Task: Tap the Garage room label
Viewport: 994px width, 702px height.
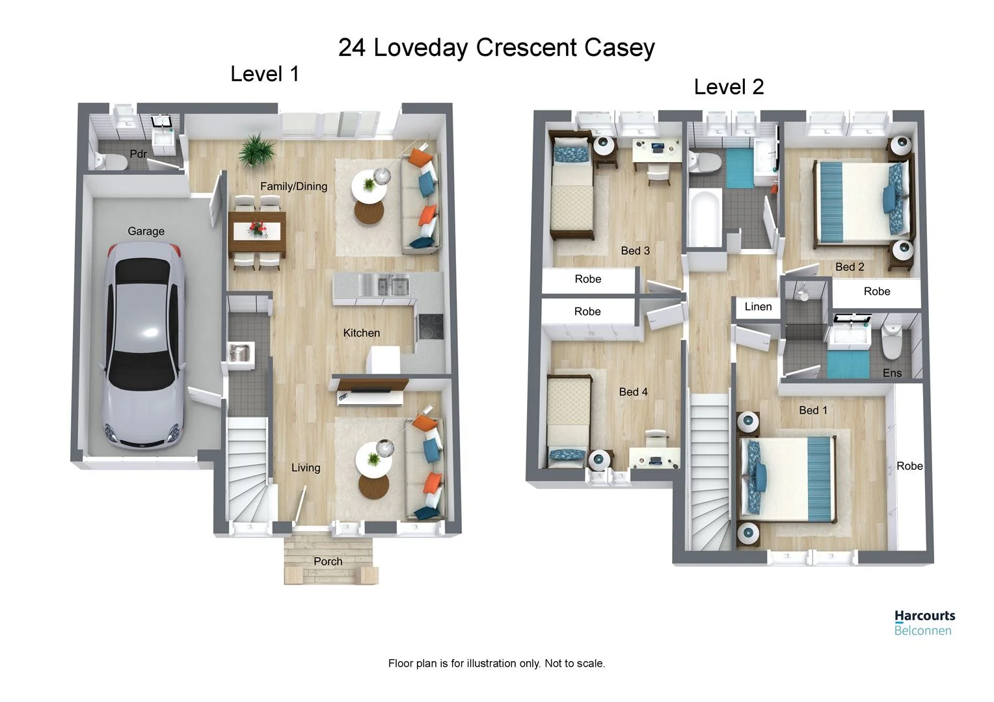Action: pyautogui.click(x=146, y=231)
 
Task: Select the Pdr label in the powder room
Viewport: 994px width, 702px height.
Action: pyautogui.click(x=138, y=154)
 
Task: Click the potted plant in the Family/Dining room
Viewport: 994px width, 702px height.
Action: pyautogui.click(x=257, y=150)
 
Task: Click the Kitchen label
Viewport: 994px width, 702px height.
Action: pyautogui.click(x=361, y=333)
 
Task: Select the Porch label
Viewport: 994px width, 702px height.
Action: pyautogui.click(x=328, y=562)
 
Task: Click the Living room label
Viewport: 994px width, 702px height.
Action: pyautogui.click(x=306, y=467)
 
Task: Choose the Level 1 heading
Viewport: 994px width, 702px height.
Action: pyautogui.click(x=265, y=74)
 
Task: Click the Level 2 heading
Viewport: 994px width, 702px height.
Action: pyautogui.click(x=729, y=87)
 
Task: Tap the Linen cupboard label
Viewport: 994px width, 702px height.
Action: pyautogui.click(x=758, y=307)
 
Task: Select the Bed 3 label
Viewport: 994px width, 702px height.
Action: pyautogui.click(x=635, y=251)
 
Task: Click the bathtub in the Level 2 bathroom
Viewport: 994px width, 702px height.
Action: pyautogui.click(x=705, y=218)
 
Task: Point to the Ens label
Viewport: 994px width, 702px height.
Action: pyautogui.click(x=892, y=373)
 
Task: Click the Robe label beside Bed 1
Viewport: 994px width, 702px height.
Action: pyautogui.click(x=909, y=466)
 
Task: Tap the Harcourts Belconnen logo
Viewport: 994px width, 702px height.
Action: pyautogui.click(x=924, y=622)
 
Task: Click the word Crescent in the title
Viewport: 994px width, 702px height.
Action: pyautogui.click(x=526, y=48)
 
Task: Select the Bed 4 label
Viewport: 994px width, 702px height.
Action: pyautogui.click(x=633, y=392)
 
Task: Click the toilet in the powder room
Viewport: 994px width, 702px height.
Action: pyautogui.click(x=108, y=161)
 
